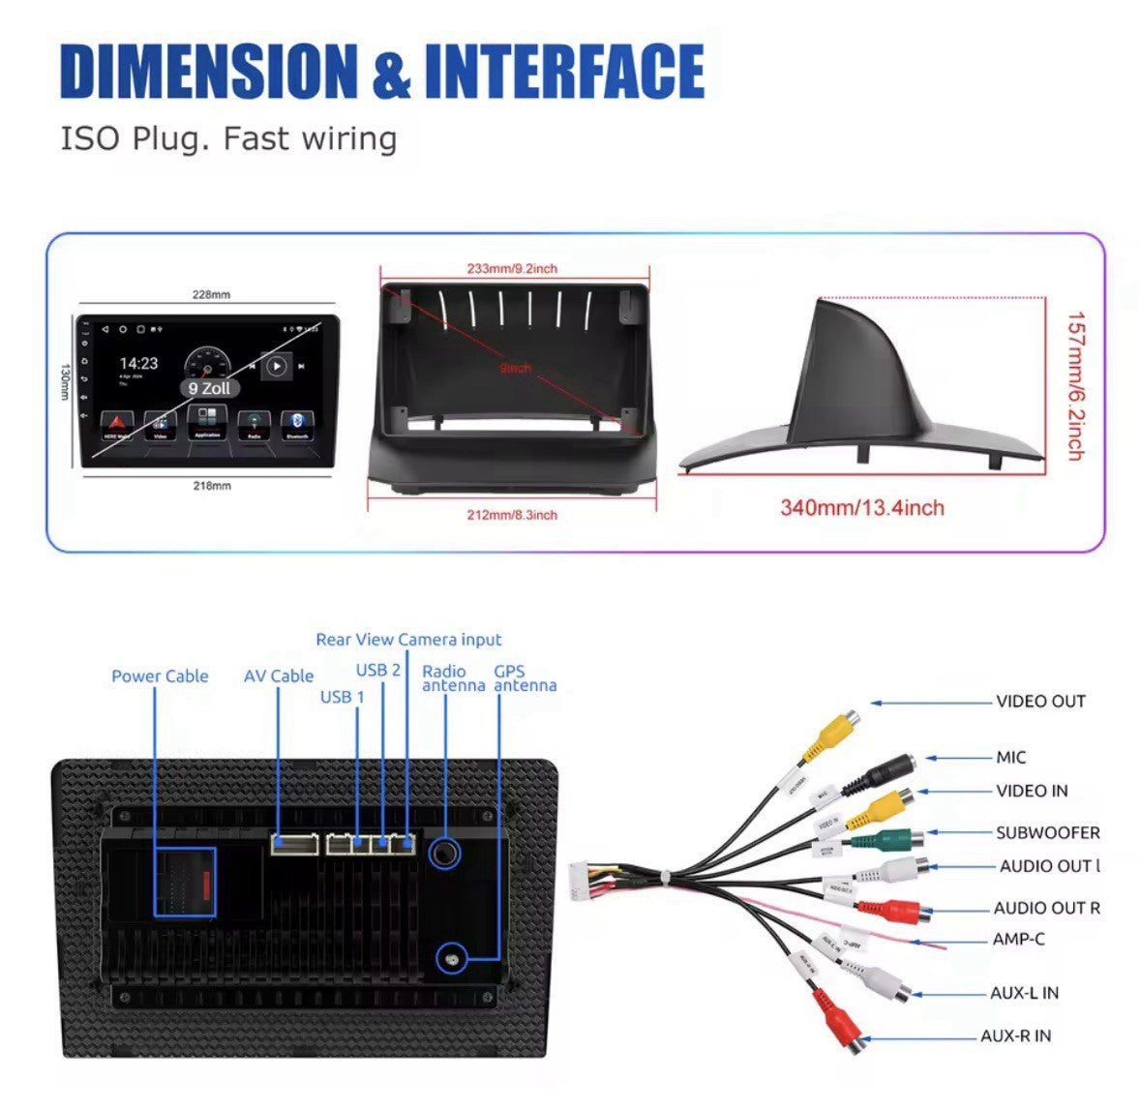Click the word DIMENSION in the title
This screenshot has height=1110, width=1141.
click(208, 72)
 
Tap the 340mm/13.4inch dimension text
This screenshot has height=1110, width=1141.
click(862, 508)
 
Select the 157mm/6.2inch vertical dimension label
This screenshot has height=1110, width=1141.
click(1074, 385)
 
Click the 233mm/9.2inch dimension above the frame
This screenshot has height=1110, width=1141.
click(512, 269)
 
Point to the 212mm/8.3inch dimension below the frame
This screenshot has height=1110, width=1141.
click(512, 515)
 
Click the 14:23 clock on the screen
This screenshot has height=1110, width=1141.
click(138, 364)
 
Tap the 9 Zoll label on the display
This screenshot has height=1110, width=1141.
click(209, 387)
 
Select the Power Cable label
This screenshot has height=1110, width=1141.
click(160, 676)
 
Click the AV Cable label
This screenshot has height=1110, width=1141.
click(279, 676)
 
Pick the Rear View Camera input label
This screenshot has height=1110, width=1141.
click(408, 640)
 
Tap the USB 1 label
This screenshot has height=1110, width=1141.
click(343, 697)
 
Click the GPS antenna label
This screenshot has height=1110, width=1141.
click(525, 678)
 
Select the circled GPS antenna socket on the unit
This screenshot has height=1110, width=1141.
click(452, 960)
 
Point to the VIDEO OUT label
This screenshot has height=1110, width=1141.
click(1040, 702)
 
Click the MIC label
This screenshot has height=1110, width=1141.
click(1010, 758)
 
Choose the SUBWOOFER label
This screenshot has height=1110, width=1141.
click(1047, 832)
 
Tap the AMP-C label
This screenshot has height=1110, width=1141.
click(1018, 939)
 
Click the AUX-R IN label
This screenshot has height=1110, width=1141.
click(1015, 1035)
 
